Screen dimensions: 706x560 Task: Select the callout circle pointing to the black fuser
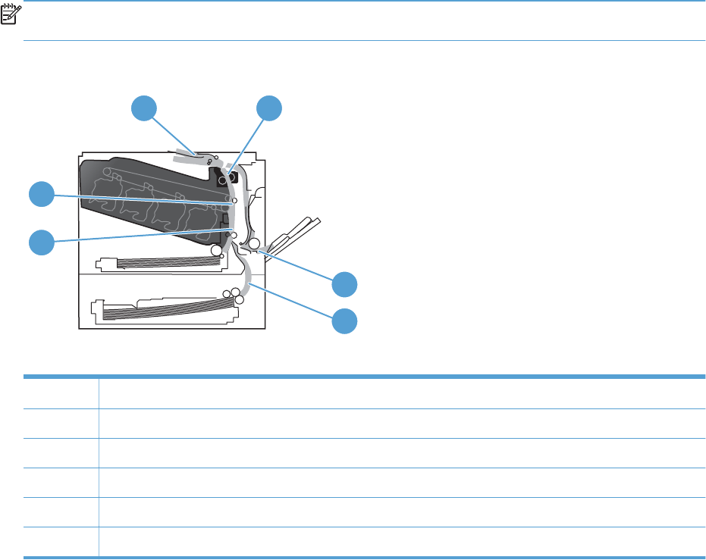click(x=268, y=108)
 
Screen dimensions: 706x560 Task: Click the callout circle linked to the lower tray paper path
click(x=345, y=321)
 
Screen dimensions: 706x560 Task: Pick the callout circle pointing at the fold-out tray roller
click(x=345, y=284)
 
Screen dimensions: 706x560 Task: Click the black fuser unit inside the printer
click(x=226, y=178)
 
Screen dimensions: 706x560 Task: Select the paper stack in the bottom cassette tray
click(x=163, y=310)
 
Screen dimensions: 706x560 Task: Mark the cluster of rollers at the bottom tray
click(x=234, y=295)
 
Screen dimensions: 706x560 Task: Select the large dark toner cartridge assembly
click(x=152, y=201)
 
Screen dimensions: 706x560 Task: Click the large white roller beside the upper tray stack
click(x=217, y=249)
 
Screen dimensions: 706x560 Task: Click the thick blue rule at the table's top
click(x=364, y=377)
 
